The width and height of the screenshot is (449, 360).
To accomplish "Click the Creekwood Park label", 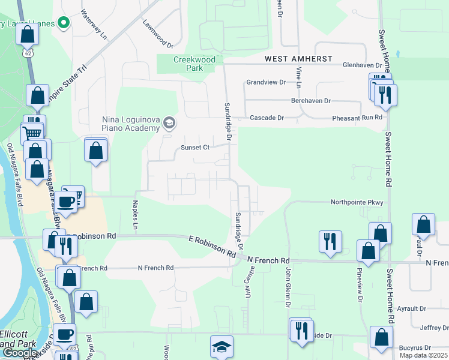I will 188,64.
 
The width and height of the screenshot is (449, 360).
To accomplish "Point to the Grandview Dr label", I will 265,82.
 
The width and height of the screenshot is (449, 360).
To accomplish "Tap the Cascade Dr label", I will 267,118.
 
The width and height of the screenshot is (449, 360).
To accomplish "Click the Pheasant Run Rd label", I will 358,118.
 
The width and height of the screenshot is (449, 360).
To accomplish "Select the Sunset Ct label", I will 195,148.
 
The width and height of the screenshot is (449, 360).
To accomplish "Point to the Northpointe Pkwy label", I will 357,203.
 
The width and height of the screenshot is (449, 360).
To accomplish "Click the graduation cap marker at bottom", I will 221,347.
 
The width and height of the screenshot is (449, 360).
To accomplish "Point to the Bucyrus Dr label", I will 415,347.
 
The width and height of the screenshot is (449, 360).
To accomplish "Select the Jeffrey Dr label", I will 434,328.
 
